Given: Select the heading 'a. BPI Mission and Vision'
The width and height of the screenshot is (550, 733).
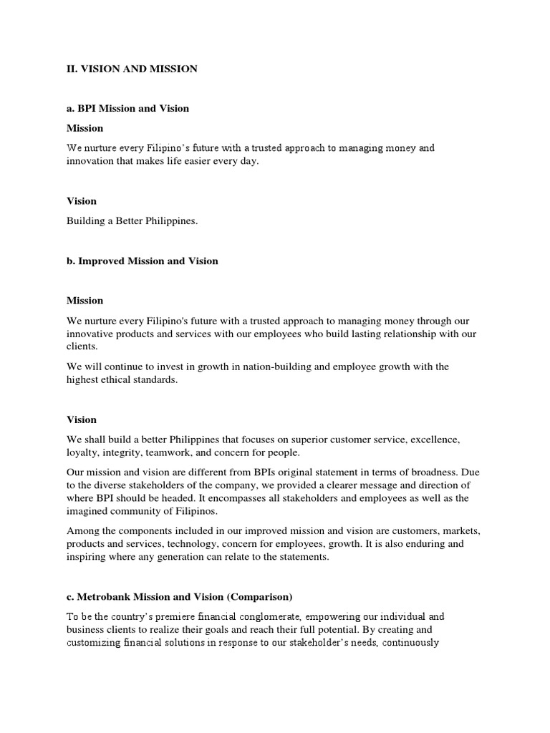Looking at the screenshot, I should (127, 108).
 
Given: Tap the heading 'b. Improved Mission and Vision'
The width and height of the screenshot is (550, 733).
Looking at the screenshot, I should (142, 261).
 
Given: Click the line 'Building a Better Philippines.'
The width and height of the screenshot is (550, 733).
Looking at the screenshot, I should (132, 221).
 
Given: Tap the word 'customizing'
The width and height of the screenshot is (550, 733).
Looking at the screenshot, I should (97, 643).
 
